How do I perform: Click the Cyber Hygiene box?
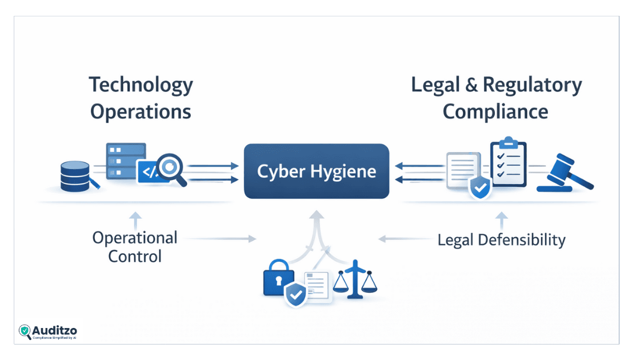coord(316,171)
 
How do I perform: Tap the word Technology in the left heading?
coord(141,85)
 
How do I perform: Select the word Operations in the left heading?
coord(141,111)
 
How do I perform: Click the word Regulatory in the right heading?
coord(532,85)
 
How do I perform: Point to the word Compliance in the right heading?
coord(495,111)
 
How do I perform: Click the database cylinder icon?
coord(75,175)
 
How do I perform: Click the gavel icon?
coord(566,173)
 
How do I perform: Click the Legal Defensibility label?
coord(501,240)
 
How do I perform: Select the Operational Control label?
coord(135,247)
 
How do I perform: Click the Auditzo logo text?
coord(54,330)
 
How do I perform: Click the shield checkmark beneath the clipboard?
coord(479,187)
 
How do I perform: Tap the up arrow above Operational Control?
coord(134,219)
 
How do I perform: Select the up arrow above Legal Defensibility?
coord(501,219)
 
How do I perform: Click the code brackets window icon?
coord(148,171)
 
